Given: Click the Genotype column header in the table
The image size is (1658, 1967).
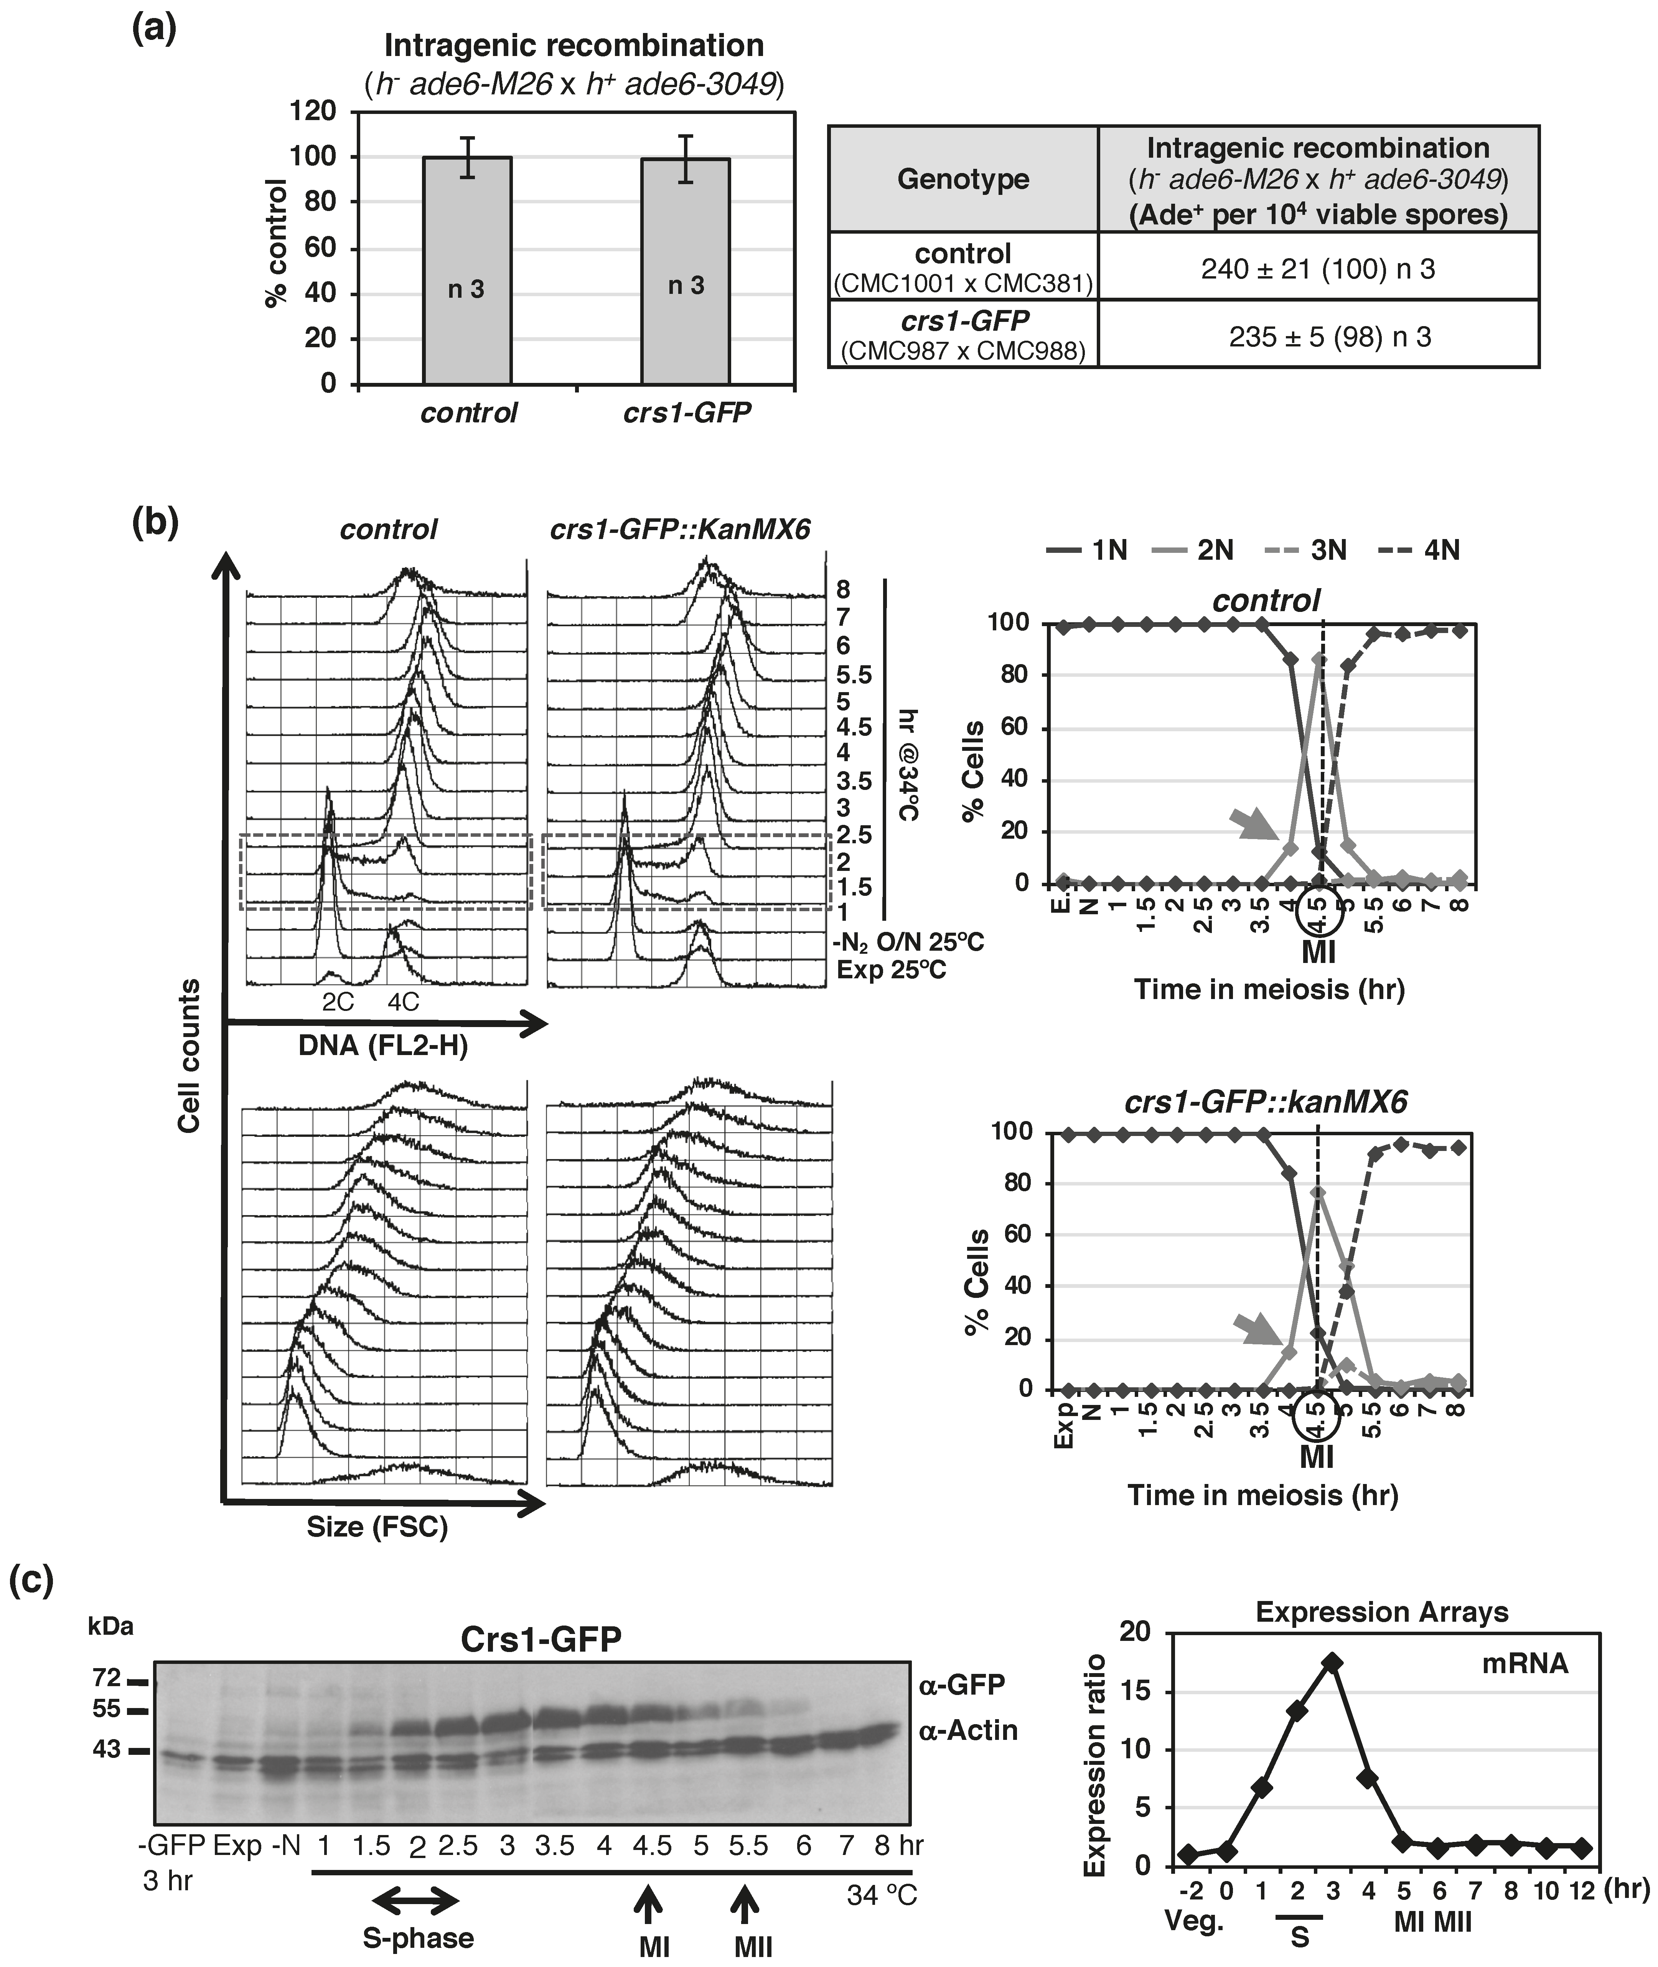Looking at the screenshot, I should (x=963, y=178).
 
